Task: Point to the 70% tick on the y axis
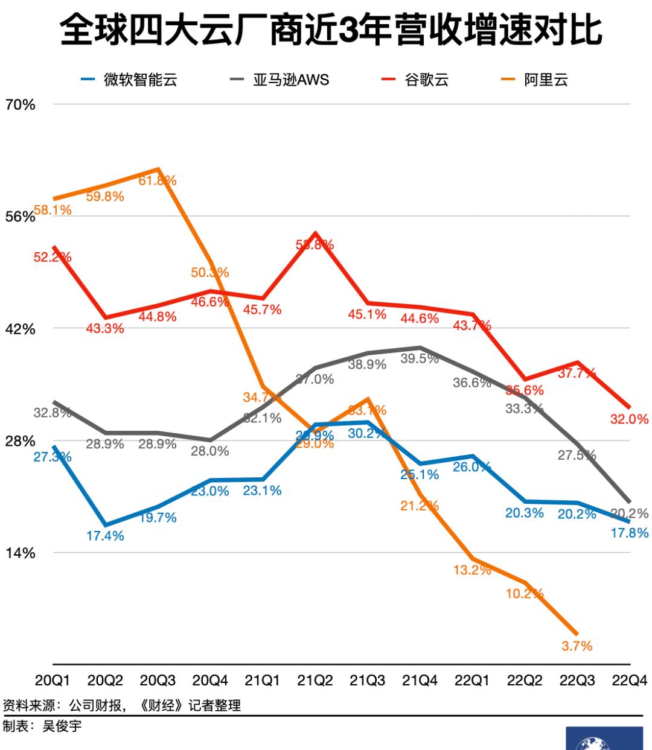coord(20,105)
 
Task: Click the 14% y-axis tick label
coord(20,553)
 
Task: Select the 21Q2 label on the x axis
coord(315,681)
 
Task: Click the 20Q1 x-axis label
coord(53,681)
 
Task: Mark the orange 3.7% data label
coord(577,646)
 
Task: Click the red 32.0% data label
coord(629,419)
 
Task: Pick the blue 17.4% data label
coord(105,536)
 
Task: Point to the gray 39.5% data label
coord(420,359)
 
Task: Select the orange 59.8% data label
coord(105,197)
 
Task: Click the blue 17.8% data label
coord(629,533)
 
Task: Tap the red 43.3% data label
coord(105,329)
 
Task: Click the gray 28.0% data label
coord(210,451)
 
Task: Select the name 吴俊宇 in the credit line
coord(62,726)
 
